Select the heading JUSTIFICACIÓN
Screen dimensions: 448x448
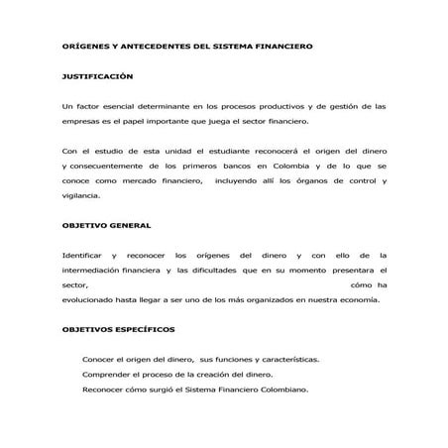point(97,75)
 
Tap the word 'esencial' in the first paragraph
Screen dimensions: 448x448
point(126,105)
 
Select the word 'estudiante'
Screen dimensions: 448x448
point(223,151)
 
